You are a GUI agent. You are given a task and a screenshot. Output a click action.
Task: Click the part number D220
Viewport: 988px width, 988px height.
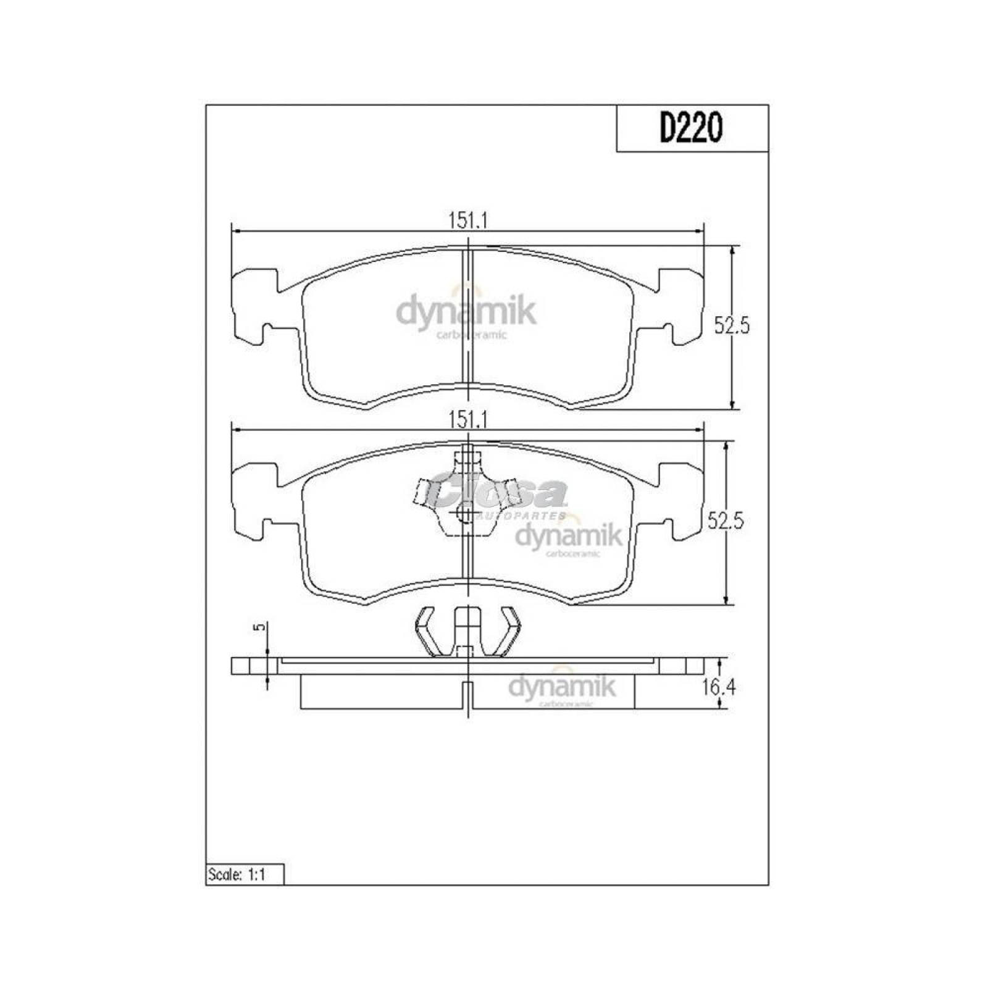coord(691,129)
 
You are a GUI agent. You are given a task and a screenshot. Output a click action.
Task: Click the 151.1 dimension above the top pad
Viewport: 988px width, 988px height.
coord(468,221)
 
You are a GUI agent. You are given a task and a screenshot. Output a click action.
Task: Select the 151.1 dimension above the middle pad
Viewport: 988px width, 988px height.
coord(468,420)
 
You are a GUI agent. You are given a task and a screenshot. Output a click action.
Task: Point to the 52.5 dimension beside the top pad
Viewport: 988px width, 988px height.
coord(731,325)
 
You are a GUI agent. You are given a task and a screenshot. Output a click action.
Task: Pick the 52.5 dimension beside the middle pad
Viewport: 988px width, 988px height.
coord(725,522)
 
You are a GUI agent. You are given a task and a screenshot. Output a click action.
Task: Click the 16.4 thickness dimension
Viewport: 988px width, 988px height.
coord(719,687)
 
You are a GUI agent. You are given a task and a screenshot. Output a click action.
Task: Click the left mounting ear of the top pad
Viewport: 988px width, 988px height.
coord(253,306)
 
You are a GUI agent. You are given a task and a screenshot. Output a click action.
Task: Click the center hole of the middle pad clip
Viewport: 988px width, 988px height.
coord(464,514)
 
